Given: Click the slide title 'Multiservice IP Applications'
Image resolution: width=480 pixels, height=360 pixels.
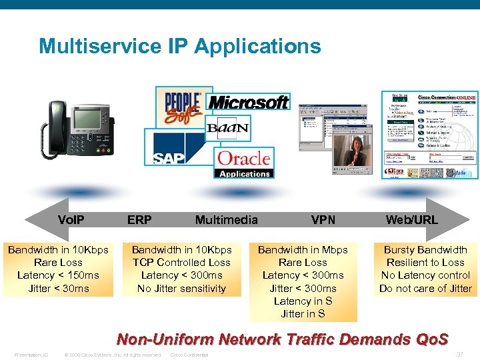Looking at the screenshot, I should click(179, 47).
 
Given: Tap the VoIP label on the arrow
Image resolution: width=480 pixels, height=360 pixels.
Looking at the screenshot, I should click(71, 219).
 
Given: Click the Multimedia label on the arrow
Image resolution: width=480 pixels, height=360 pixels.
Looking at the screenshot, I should click(226, 219).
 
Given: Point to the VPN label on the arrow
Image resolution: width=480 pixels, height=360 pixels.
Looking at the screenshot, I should click(323, 219).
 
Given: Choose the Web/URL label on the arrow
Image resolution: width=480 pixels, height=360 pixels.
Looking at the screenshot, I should click(411, 219).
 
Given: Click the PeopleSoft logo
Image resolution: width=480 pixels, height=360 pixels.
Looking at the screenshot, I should click(183, 106).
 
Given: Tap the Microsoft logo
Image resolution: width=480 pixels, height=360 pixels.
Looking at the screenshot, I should click(248, 102).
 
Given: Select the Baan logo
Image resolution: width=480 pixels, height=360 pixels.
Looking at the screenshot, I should click(227, 128).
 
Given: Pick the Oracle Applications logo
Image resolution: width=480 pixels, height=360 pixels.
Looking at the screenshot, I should click(244, 163).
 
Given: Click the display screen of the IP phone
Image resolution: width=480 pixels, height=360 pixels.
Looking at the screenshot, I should click(91, 119).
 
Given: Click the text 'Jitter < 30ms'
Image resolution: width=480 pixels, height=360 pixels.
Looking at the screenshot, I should click(59, 289).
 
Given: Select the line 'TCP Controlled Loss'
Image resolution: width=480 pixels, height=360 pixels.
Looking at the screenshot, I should click(181, 263).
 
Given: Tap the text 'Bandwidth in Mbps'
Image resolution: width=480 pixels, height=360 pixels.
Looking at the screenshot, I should click(303, 250).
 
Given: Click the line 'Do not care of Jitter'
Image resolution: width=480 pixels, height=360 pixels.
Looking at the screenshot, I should click(425, 289).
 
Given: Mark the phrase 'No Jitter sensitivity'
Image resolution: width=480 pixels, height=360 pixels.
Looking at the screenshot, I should click(181, 289).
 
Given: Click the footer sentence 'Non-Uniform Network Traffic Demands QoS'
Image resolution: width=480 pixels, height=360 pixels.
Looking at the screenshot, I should click(283, 339).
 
